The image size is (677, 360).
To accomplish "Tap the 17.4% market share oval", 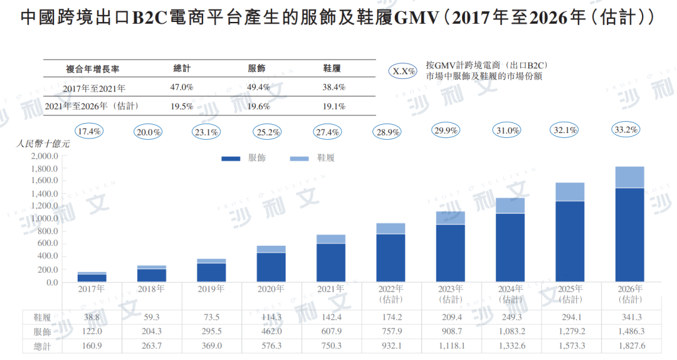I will [89, 132].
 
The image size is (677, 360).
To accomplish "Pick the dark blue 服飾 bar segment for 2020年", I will [271, 267].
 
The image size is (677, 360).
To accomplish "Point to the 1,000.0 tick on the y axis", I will [43, 218].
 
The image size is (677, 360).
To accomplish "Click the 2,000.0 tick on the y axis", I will [43, 156].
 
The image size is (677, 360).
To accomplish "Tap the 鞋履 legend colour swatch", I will [300, 158].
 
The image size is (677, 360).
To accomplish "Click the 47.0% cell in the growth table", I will [182, 87].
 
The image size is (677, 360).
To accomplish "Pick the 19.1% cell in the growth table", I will [334, 106].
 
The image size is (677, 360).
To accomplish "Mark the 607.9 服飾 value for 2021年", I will [330, 331].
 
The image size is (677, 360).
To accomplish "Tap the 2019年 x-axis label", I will [212, 289].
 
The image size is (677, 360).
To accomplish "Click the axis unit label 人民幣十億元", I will [43, 144].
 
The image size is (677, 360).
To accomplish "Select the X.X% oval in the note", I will [404, 71].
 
